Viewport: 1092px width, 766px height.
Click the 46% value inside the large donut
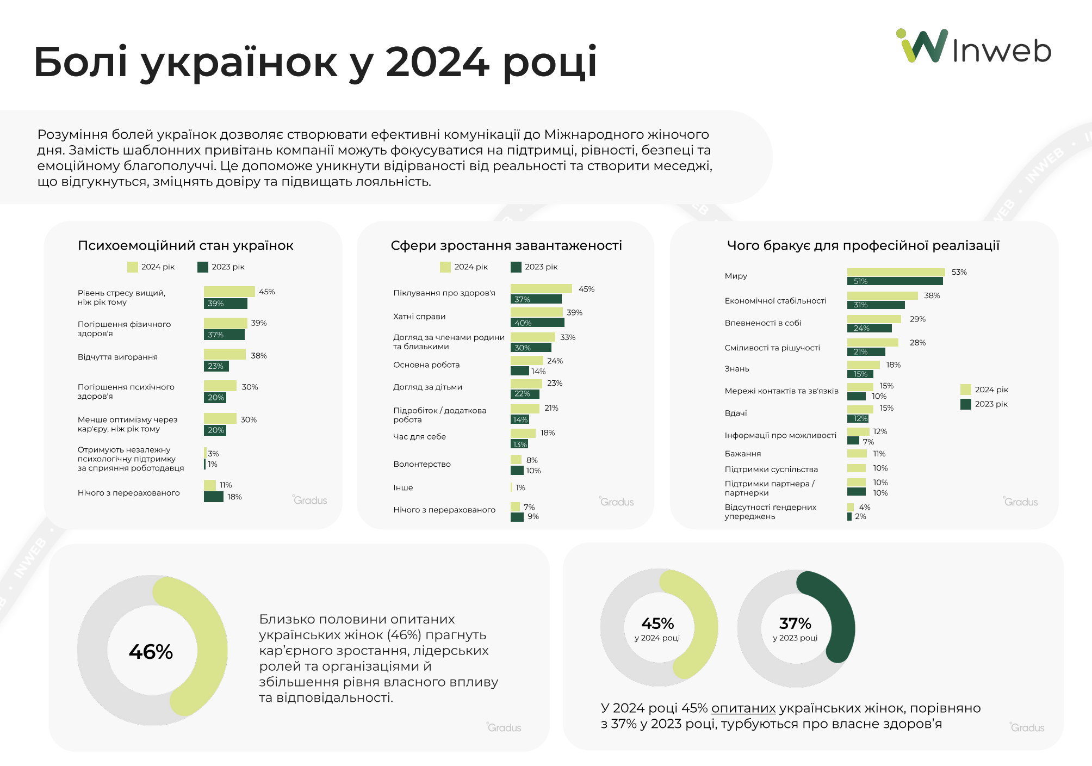pos(151,651)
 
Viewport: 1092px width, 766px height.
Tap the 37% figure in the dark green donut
pos(795,623)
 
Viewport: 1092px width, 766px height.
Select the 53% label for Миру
pos(959,272)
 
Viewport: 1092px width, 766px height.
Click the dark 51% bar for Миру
pos(895,281)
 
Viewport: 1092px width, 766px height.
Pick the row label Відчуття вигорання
pos(117,357)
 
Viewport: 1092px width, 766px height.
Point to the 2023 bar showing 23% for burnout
pos(216,366)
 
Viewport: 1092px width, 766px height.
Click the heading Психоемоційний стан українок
pos(185,245)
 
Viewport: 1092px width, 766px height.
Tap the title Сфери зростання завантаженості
pos(506,245)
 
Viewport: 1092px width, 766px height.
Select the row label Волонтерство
pos(422,464)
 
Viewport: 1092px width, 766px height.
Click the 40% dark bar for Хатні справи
pos(537,323)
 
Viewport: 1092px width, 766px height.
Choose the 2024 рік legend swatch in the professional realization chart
pos(966,390)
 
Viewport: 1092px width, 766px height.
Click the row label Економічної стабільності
pos(775,300)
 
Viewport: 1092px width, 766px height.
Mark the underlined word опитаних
pos(743,708)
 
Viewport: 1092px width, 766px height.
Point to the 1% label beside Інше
pos(520,487)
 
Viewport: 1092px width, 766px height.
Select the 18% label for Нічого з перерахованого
pos(234,497)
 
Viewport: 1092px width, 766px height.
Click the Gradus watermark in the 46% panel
pos(504,727)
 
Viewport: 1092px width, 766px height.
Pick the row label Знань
pos(737,369)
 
